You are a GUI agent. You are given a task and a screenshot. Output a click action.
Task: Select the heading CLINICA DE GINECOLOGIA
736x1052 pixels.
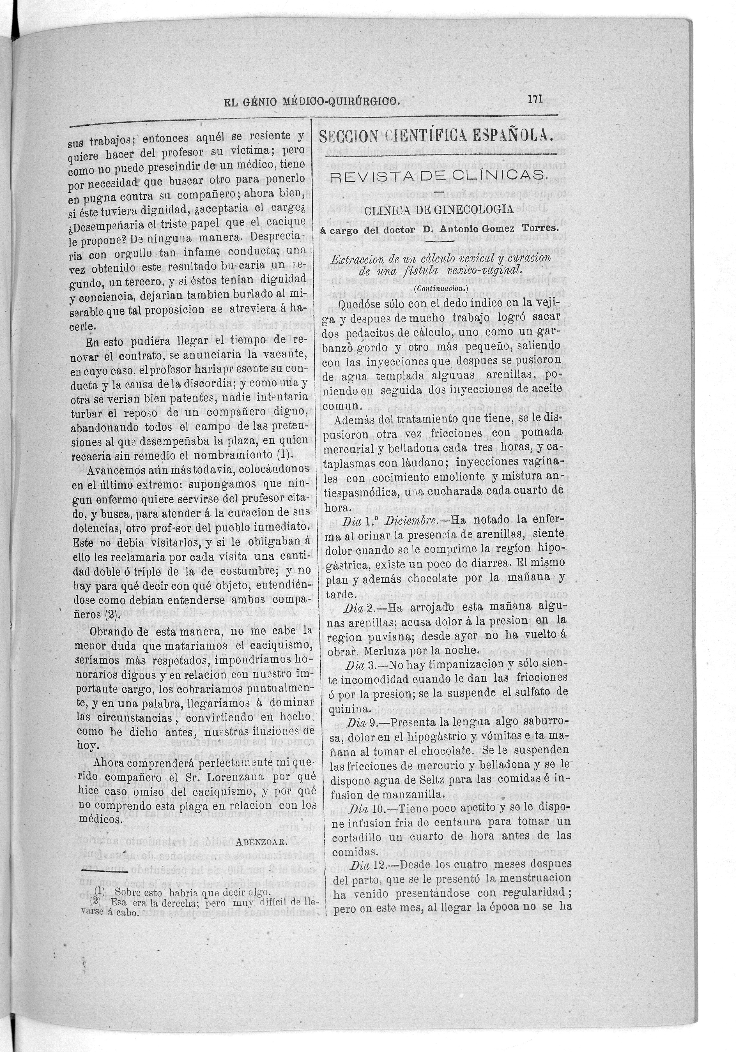click(x=439, y=210)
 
